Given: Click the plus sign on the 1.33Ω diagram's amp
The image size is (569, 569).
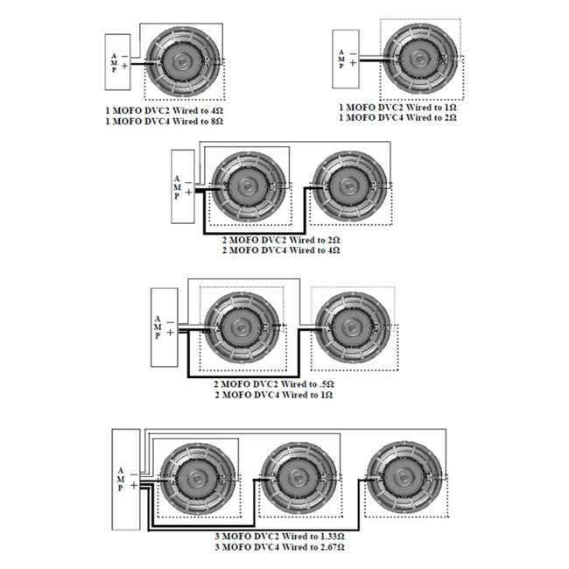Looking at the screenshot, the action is tap(134, 485).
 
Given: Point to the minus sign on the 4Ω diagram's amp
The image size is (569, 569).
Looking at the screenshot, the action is tap(124, 57).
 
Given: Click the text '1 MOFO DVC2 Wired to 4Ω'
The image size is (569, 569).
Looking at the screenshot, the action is tap(164, 110).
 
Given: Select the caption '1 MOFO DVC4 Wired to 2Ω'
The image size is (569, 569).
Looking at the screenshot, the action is tap(397, 117).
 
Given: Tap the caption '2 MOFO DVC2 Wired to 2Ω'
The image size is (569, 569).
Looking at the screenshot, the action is tap(281, 240).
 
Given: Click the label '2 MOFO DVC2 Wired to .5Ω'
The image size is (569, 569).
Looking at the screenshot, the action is tap(274, 384).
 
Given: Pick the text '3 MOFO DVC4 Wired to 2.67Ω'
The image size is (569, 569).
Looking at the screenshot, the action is tap(279, 547).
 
